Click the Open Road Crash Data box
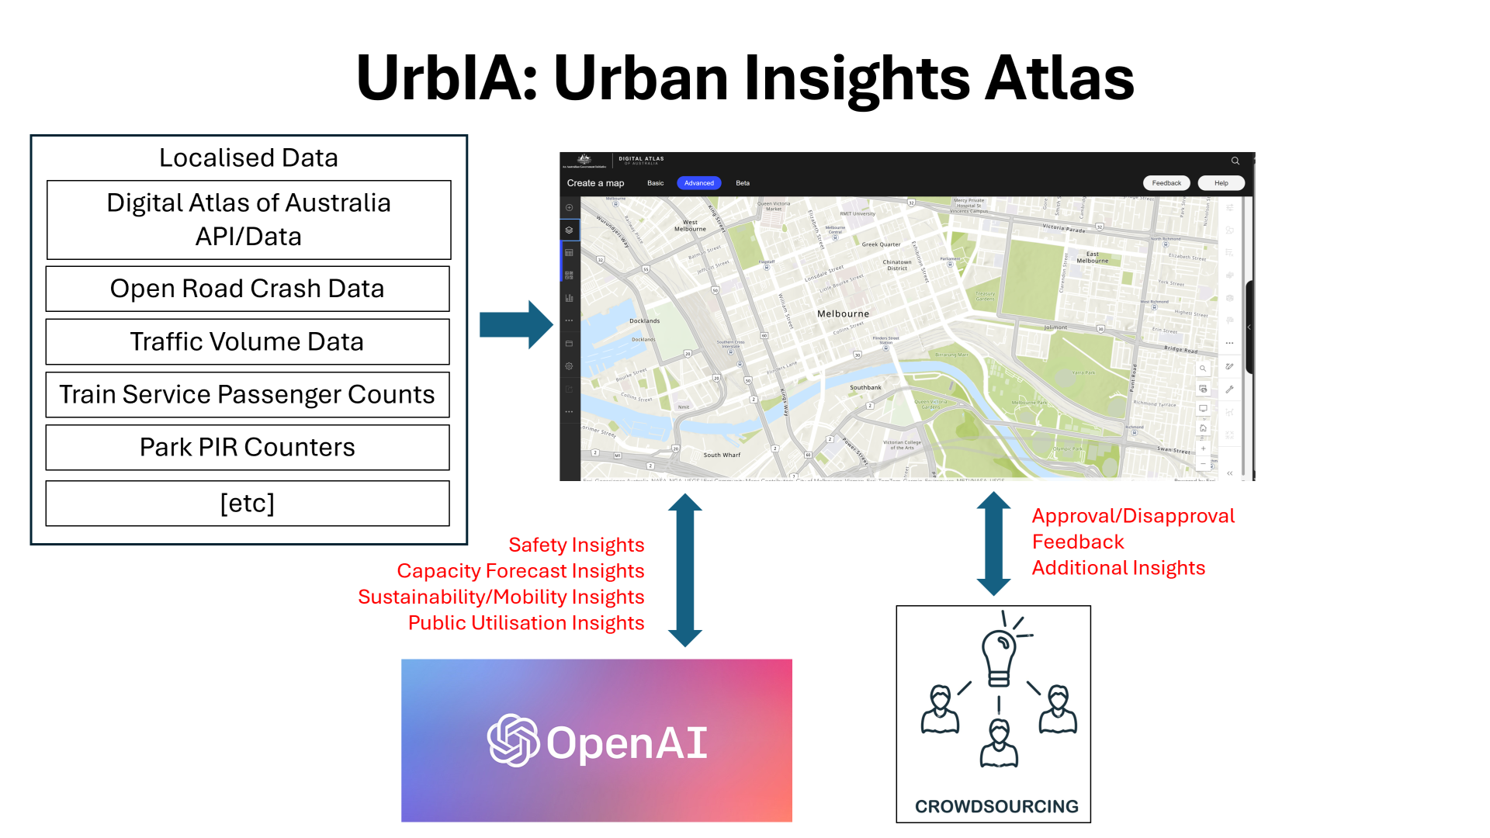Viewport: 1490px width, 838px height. coord(248,289)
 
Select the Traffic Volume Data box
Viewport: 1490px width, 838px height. coord(248,341)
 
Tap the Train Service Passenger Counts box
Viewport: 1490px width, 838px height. coord(248,394)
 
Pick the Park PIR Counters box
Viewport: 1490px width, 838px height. coord(248,447)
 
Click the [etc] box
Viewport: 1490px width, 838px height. coord(248,503)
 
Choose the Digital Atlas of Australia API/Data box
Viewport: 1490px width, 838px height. coord(248,220)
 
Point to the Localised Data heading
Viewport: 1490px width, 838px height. coord(248,158)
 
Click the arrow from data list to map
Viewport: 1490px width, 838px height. coord(515,324)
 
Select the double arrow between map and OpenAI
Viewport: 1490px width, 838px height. coord(685,570)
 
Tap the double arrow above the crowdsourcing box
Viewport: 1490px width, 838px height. coord(993,543)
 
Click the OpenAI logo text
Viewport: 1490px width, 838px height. coord(626,743)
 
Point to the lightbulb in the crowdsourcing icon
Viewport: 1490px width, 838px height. coord(1000,656)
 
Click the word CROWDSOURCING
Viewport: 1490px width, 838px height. coord(996,806)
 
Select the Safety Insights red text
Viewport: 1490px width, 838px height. coord(576,545)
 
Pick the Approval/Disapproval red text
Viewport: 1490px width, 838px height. coord(1133,516)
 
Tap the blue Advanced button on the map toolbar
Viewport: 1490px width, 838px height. coord(698,183)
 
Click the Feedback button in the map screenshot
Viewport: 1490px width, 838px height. coord(1166,183)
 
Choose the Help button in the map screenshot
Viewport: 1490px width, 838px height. coord(1221,183)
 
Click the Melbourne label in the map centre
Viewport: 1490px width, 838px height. coord(843,313)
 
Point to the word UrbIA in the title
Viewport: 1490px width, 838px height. coord(445,78)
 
